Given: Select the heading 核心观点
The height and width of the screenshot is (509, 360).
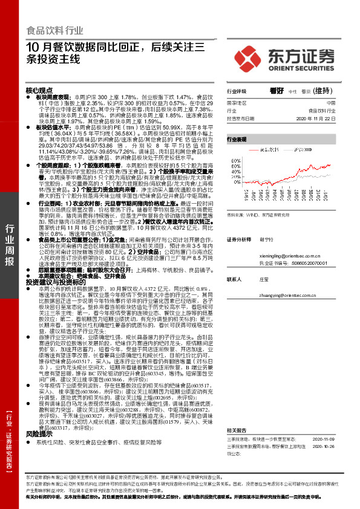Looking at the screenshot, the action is [40, 89].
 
